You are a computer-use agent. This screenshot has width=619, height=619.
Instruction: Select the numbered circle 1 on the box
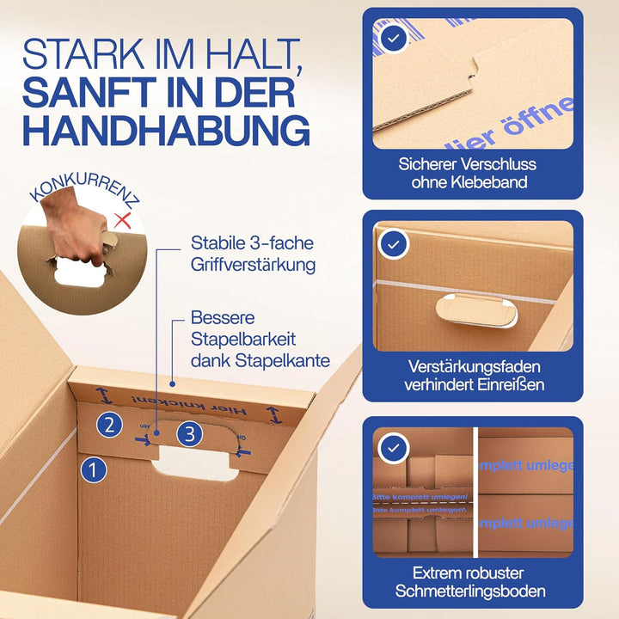tap(93, 469)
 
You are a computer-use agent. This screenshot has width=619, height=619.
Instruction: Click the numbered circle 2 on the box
tap(108, 424)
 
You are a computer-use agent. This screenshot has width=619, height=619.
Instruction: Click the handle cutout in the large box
tap(195, 464)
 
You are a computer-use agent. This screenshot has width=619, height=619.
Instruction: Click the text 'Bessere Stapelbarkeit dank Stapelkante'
tap(259, 340)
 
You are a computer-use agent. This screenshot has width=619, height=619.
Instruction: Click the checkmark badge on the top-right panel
tap(394, 40)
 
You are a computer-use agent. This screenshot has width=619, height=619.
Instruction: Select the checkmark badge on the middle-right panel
tap(394, 244)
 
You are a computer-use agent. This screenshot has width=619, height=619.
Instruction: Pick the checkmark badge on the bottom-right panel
tap(394, 449)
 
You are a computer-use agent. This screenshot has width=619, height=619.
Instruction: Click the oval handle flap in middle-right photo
tap(476, 310)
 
